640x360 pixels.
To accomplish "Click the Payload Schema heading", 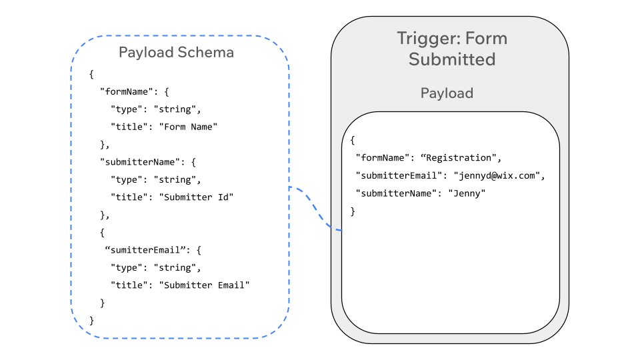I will pyautogui.click(x=176, y=52).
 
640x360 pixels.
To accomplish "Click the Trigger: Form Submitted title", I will pyautogui.click(x=452, y=49).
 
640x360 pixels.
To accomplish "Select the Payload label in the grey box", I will pyautogui.click(x=447, y=93).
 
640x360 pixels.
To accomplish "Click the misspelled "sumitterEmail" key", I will pyautogui.click(x=145, y=250).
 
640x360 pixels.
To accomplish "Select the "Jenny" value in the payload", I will pyautogui.click(x=466, y=193).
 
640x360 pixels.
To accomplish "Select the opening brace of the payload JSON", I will pyautogui.click(x=353, y=141).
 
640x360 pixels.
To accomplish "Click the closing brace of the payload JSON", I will pyautogui.click(x=353, y=211).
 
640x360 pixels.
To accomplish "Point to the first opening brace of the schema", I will pyautogui.click(x=91, y=73).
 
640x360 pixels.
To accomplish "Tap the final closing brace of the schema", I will pyautogui.click(x=91, y=321).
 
